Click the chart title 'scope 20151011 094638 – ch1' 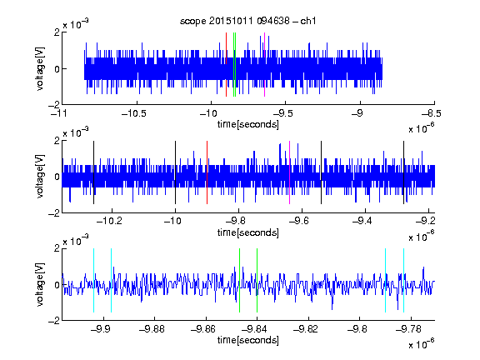tap(248, 21)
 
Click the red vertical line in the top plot tap(226, 65)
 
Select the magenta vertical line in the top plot tap(264, 65)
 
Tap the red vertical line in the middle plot tap(207, 172)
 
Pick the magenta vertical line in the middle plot tap(290, 172)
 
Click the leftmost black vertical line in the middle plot tap(93, 172)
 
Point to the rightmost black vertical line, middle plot tap(404, 172)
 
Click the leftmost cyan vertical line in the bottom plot tap(93, 280)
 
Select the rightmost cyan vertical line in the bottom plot tap(404, 280)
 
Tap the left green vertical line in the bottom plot tap(239, 280)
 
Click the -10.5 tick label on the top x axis tap(134, 113)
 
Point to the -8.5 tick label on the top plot tap(432, 113)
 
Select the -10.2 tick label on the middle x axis tap(109, 220)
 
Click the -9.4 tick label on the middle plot tap(362, 220)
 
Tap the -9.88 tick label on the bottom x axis tap(152, 329)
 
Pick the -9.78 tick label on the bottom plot tap(408, 329)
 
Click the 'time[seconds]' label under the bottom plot tap(248, 340)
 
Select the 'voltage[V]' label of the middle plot tap(40, 177)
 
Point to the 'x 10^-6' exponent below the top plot tap(422, 127)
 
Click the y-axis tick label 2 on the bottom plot tap(57, 248)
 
